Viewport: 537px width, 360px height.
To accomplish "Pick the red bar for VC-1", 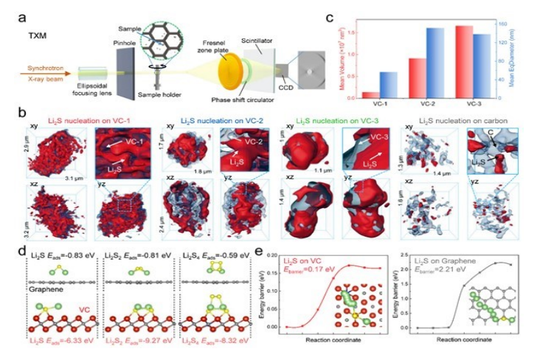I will click(x=367, y=94).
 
